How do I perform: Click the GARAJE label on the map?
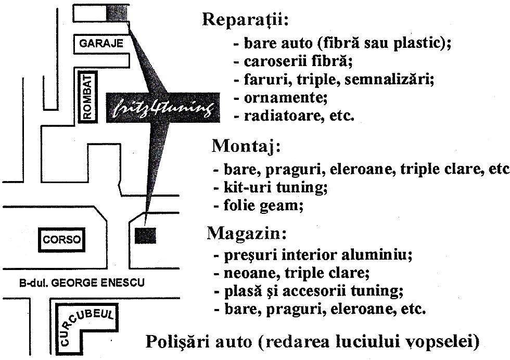101,44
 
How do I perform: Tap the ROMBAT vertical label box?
88,97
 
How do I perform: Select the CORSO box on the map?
62,240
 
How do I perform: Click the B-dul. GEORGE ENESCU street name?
82,282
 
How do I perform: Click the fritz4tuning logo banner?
163,108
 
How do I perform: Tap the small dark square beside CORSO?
145,236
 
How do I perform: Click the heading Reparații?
246,20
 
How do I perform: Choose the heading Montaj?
246,147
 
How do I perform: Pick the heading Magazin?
247,233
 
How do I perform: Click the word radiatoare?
282,116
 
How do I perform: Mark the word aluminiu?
377,254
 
